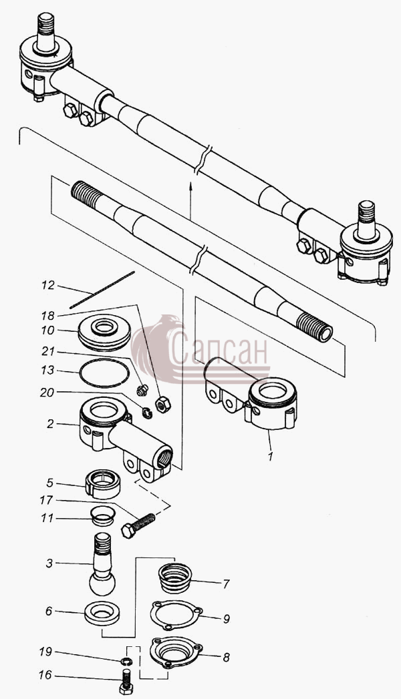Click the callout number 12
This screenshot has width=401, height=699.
point(47,285)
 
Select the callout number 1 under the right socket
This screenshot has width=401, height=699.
point(269,457)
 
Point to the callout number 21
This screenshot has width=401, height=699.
point(47,352)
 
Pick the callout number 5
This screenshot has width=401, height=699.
point(49,483)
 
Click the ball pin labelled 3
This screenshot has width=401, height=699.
point(102,564)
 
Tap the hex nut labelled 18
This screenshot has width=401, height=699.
point(163,405)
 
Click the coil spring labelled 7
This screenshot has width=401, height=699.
point(175,578)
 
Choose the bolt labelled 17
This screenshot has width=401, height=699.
point(138,525)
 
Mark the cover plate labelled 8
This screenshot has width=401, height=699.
point(176,652)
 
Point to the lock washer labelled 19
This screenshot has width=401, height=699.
point(126,661)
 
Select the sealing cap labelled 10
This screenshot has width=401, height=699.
point(104,333)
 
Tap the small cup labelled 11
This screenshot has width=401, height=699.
point(103,516)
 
